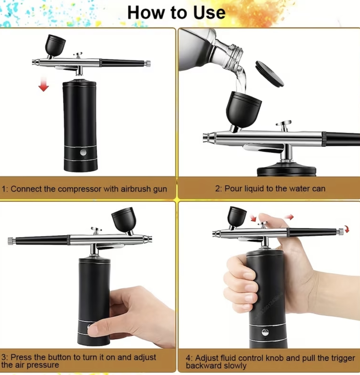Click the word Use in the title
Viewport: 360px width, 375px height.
(x=209, y=13)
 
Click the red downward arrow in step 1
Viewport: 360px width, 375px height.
(x=43, y=84)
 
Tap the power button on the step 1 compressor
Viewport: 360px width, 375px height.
(x=83, y=152)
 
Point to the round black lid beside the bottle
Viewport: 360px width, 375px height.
(x=269, y=74)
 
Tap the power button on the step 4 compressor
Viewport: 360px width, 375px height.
(x=265, y=332)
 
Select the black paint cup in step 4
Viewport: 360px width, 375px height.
(x=237, y=217)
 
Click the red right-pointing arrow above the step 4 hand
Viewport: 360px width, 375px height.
(x=289, y=217)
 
